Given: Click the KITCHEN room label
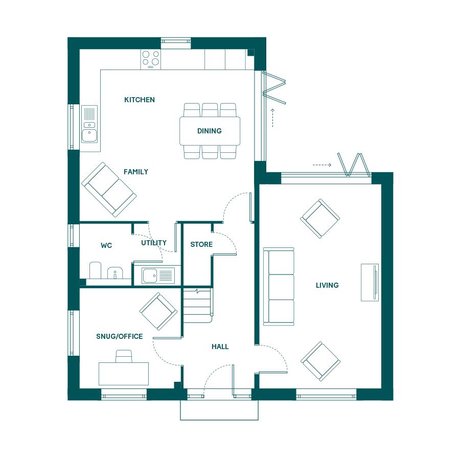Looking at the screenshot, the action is [140, 100].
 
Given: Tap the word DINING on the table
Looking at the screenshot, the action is [210, 131].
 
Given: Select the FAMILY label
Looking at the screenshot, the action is [136, 172].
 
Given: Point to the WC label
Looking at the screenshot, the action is [106, 245].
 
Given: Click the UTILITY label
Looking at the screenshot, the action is [154, 243].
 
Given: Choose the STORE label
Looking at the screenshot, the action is [201, 244].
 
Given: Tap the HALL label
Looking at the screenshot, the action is [220, 347].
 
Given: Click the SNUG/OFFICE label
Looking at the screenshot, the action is [120, 336].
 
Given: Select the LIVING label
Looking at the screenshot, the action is [327, 285].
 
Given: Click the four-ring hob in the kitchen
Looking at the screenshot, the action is [151, 59].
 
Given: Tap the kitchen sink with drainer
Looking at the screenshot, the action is [89, 124].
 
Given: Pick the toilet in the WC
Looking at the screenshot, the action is [95, 270].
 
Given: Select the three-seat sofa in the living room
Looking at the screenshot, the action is [279, 286].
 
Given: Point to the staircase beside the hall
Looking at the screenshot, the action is [197, 306].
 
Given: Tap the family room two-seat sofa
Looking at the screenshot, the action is [109, 190].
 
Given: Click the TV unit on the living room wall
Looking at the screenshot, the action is [370, 282].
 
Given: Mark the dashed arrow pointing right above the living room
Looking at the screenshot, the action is [322, 165].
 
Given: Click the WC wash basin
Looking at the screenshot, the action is [114, 273].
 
